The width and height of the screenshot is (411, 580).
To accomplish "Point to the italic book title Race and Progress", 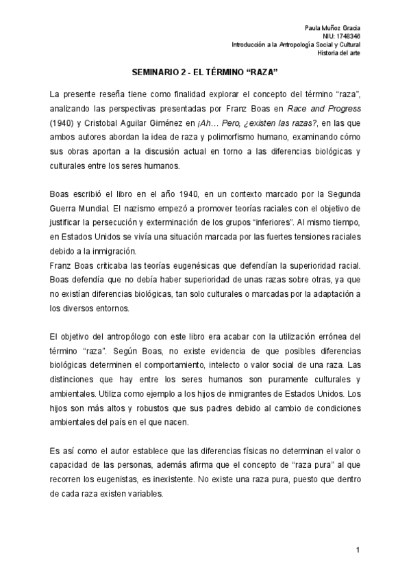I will [x=332, y=109].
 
